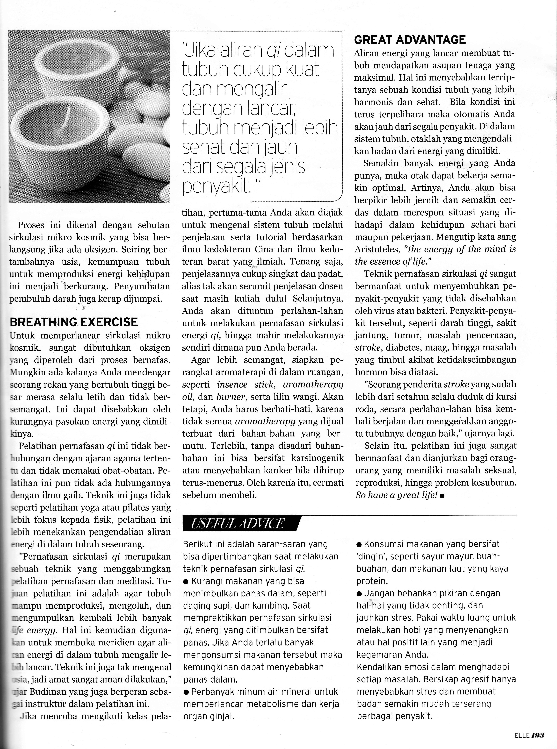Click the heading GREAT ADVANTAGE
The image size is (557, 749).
coord(410,40)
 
